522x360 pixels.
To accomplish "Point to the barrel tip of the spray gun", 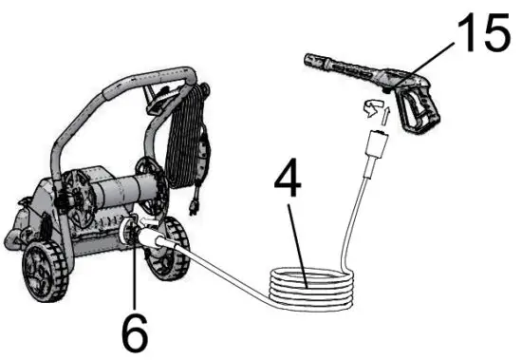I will click(309, 60).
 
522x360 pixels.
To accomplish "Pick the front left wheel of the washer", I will click(43, 271).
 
